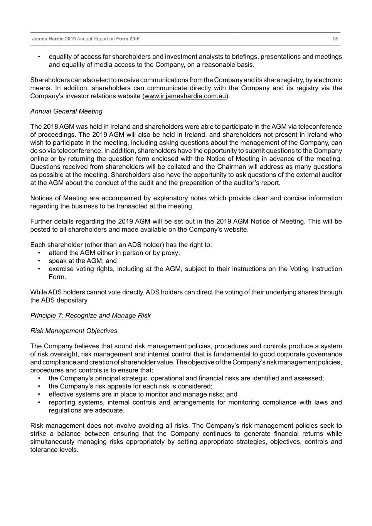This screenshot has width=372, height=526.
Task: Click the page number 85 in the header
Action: point(335,39)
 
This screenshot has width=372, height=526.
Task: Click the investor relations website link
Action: point(185,96)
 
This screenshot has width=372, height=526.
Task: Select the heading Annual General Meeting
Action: point(66,111)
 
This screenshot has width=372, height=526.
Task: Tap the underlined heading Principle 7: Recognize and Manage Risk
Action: point(91,316)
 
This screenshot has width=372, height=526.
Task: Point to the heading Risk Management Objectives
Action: point(74,331)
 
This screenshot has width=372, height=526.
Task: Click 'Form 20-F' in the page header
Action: point(128,39)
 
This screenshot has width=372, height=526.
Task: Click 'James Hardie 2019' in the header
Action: point(54,39)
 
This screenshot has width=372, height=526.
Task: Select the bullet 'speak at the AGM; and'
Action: point(82,261)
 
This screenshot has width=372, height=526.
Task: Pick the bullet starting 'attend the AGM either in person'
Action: point(114,253)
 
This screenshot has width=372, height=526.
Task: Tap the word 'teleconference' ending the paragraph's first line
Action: point(320,127)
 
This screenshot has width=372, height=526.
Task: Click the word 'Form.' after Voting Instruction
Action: point(57,277)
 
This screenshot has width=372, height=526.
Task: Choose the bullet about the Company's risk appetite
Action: point(130,386)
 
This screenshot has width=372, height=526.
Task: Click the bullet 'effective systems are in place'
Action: point(143,394)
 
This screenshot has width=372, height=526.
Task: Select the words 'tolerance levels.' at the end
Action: point(54,450)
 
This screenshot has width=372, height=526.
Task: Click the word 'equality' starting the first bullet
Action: point(60,57)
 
